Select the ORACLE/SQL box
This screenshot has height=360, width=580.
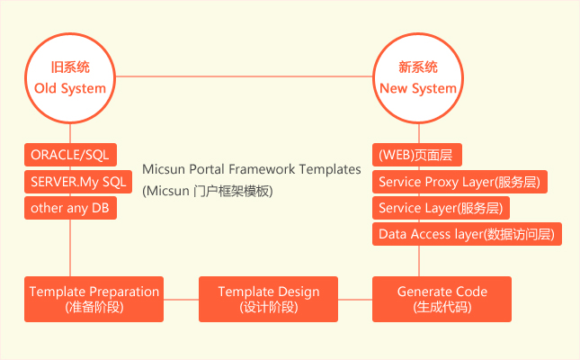click(x=71, y=155)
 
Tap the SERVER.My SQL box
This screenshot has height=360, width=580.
click(x=78, y=182)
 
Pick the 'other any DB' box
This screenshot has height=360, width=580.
click(x=71, y=208)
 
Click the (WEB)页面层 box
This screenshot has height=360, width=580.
click(x=417, y=155)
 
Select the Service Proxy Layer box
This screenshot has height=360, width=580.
click(x=460, y=182)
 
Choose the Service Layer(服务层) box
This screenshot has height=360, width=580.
click(x=441, y=208)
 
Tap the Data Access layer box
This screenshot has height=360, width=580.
click(x=468, y=234)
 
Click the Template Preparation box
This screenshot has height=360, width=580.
click(x=94, y=300)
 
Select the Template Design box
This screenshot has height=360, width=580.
click(x=268, y=300)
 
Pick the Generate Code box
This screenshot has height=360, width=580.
click(x=442, y=300)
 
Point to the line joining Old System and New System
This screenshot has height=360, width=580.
click(x=244, y=76)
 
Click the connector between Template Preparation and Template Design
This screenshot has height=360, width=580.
click(x=182, y=300)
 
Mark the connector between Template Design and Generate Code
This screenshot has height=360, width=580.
click(x=355, y=300)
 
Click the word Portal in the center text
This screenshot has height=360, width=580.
click(x=207, y=169)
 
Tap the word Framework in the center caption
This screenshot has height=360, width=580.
click(x=262, y=169)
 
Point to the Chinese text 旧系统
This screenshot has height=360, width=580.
click(x=70, y=67)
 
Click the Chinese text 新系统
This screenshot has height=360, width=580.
click(x=418, y=67)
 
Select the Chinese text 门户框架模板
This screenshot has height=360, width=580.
click(x=231, y=192)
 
